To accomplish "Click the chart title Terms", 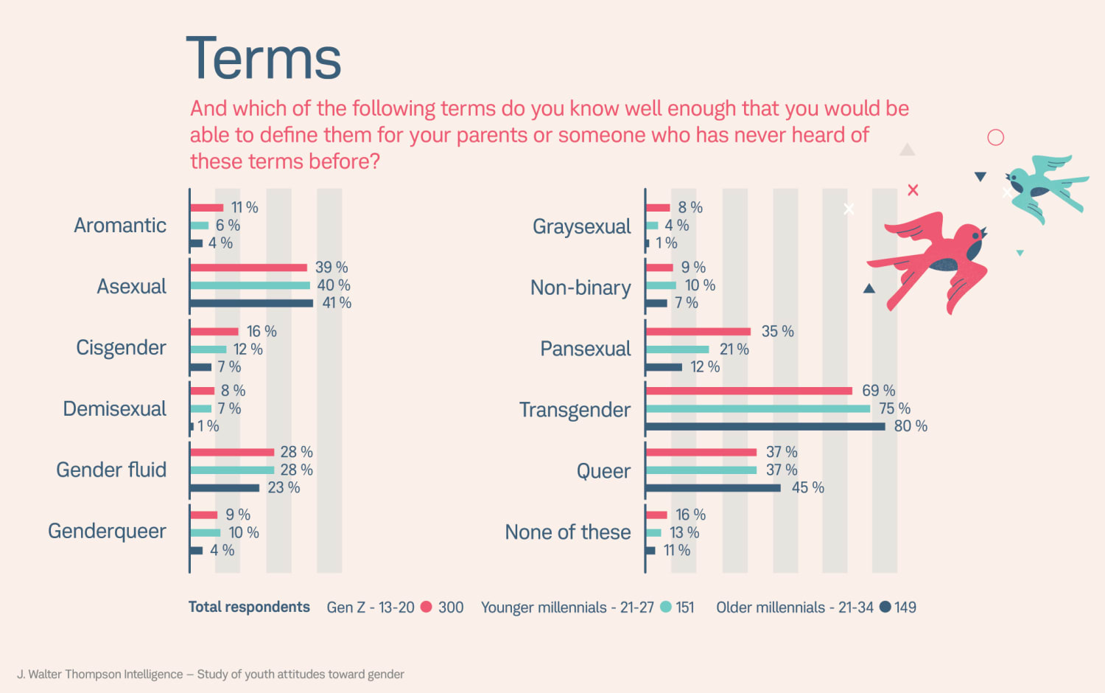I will click(x=264, y=59).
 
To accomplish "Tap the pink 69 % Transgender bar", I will click(x=748, y=391).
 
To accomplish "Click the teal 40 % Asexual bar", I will click(x=250, y=285).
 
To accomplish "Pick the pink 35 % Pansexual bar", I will click(x=698, y=332).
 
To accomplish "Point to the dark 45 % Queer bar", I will click(x=712, y=488).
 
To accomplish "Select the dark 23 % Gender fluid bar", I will click(x=225, y=488).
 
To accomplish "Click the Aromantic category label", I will click(x=120, y=226).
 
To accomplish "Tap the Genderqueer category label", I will click(x=108, y=532).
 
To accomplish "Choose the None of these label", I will click(x=568, y=532).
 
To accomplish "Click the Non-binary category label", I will click(x=580, y=288).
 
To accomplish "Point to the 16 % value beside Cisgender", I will click(x=262, y=332).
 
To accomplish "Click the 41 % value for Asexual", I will click(x=337, y=303).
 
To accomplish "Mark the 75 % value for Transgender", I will click(x=894, y=408).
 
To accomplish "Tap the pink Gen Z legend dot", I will click(x=426, y=607).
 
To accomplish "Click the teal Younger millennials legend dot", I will click(x=666, y=607).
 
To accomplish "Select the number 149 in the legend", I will click(x=905, y=607).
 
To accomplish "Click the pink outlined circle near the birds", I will click(x=995, y=137).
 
